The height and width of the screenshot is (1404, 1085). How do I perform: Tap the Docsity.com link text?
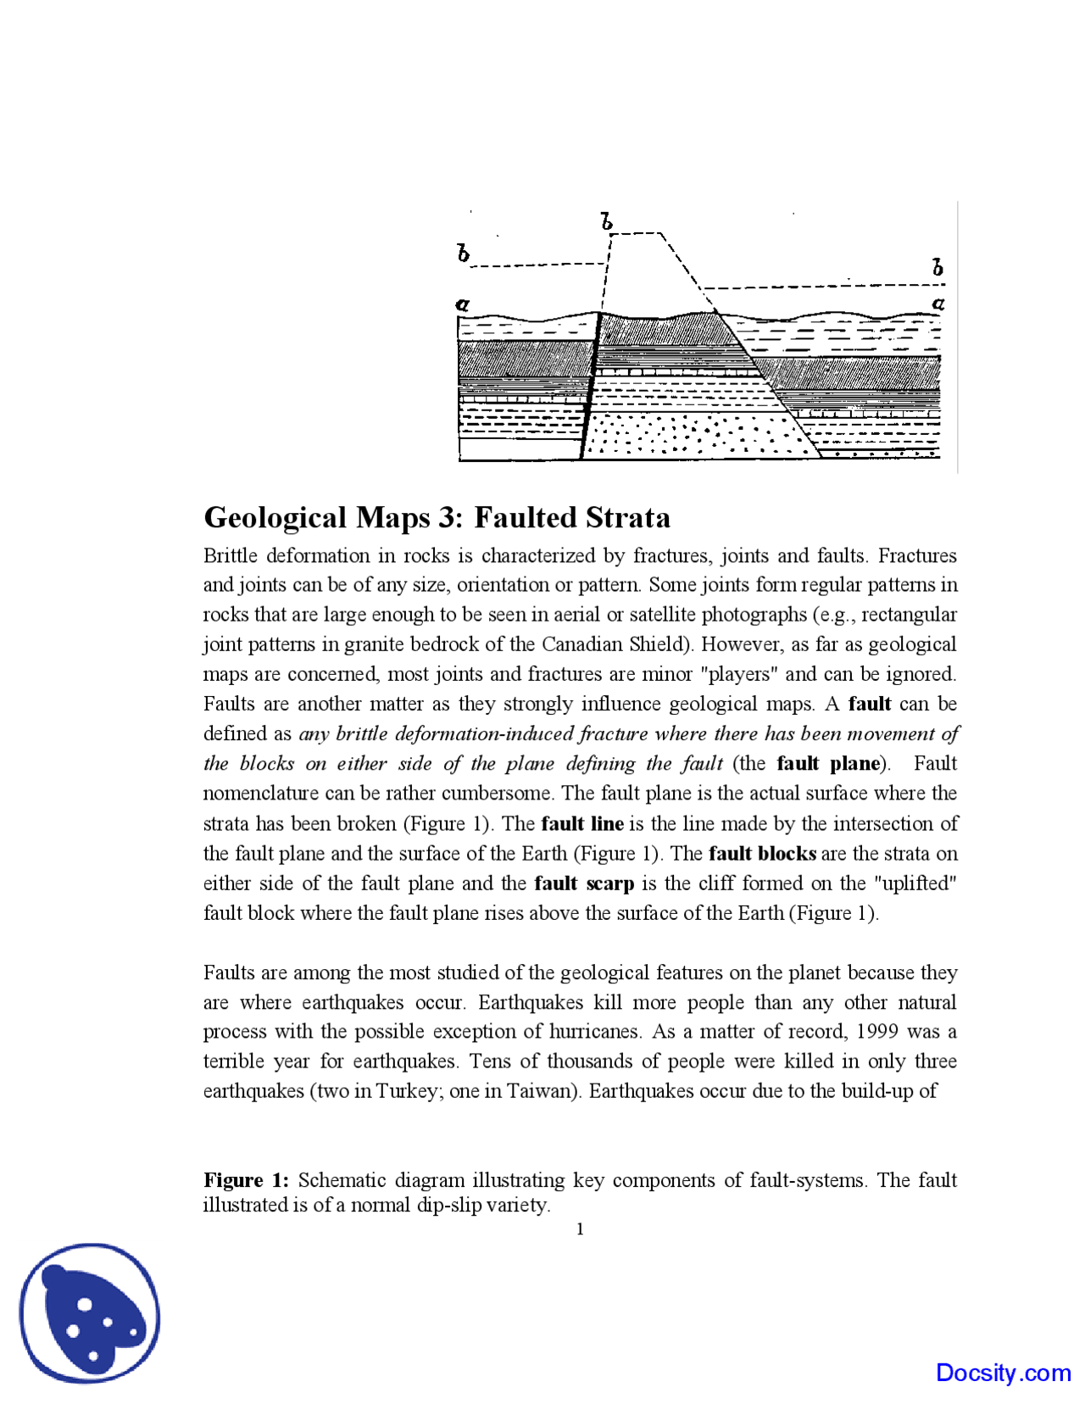pos(1003,1373)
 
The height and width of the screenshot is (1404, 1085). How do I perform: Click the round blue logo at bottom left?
pos(90,1313)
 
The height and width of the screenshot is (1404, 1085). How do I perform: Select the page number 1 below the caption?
pos(580,1229)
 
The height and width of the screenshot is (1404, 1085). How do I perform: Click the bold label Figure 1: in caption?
pos(246,1180)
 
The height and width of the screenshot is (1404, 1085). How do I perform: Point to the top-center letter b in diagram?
pos(606,222)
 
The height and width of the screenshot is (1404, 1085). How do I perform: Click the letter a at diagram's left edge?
pos(462,304)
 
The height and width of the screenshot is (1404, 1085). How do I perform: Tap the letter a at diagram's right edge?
pos(938,303)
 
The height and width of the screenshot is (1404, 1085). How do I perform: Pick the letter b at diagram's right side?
pos(938,267)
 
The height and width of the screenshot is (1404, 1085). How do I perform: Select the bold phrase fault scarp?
pos(584,883)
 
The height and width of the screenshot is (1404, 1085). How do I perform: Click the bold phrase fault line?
pos(581,824)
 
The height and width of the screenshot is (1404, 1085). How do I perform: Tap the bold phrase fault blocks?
pos(762,854)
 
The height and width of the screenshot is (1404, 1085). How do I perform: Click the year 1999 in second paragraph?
pos(877,1032)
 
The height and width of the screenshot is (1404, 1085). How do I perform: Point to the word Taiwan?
pos(542,1091)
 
